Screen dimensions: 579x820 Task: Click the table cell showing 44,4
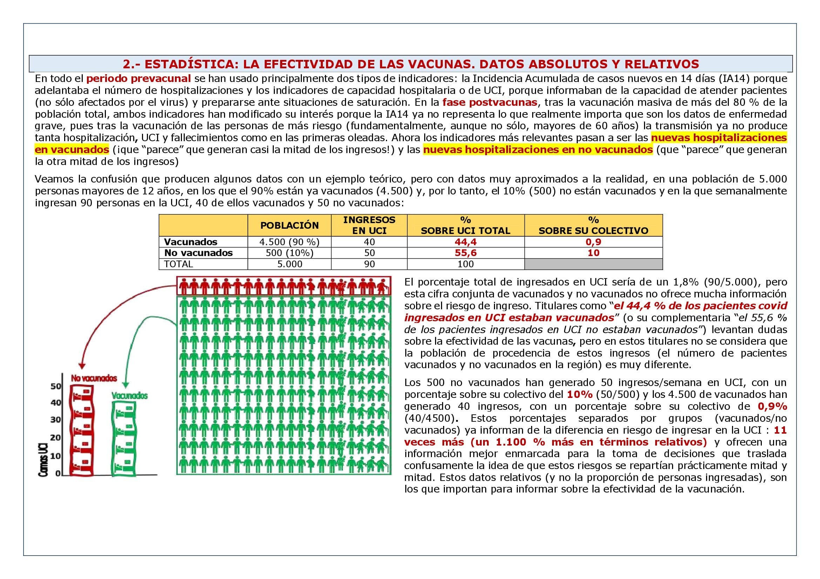coord(465,242)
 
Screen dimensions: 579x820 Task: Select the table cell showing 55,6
coord(465,253)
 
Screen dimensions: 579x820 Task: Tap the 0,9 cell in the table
coord(593,242)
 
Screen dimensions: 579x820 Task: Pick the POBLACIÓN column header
coord(289,226)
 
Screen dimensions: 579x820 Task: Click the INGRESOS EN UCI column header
coord(369,225)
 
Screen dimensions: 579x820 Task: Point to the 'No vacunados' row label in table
coord(198,253)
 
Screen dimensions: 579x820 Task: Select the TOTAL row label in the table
coord(178,264)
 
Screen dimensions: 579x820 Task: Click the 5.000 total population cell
coord(289,264)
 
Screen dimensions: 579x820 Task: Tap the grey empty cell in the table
coord(593,264)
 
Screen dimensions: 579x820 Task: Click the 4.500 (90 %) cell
coord(289,242)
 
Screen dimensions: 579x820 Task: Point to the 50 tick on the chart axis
coord(56,386)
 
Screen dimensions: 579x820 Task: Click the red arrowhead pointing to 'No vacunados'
coord(82,366)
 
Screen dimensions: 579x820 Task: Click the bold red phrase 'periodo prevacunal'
coord(138,78)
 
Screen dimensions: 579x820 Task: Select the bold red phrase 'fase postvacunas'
coord(490,102)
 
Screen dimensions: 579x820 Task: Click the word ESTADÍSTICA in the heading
coord(191,64)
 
